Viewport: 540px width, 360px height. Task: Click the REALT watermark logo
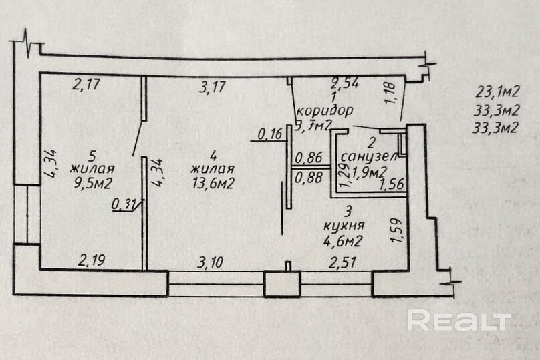(x=458, y=321)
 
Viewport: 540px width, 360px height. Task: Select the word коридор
(x=324, y=110)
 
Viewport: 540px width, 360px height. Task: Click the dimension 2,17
(x=86, y=85)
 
